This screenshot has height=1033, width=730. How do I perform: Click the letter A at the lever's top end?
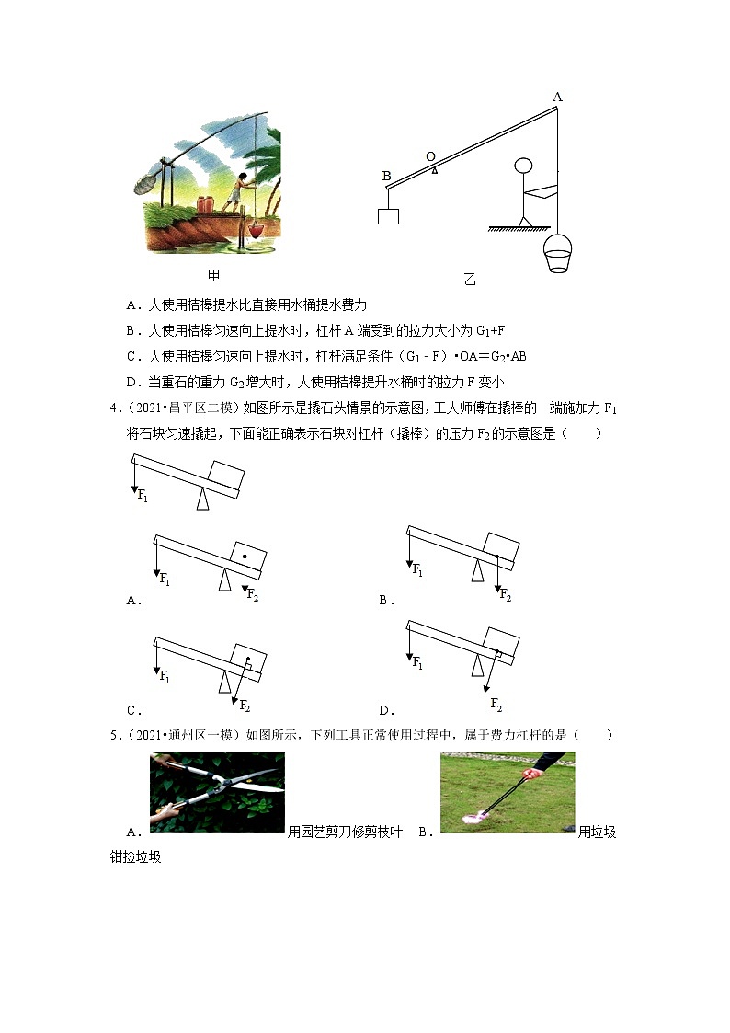(x=557, y=97)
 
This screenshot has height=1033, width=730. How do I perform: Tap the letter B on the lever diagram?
(x=386, y=176)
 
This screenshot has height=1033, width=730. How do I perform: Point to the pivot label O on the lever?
(x=429, y=156)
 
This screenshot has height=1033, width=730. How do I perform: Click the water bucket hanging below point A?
(x=558, y=254)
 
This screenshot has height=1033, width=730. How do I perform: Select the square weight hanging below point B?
(x=388, y=215)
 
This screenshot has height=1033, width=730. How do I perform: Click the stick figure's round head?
(x=523, y=166)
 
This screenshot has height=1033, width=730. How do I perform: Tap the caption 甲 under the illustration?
(x=213, y=275)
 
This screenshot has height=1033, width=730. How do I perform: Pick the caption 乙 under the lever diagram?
(x=470, y=280)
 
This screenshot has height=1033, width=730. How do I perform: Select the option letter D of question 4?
(x=384, y=710)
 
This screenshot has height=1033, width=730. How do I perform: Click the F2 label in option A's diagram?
(x=253, y=595)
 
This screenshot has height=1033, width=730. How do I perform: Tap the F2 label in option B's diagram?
(x=505, y=596)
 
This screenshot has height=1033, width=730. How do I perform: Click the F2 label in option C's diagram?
(x=245, y=706)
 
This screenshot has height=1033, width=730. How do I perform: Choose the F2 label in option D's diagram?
(x=496, y=705)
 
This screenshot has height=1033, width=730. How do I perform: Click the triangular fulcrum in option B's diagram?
(x=477, y=571)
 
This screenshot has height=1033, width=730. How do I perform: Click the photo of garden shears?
(x=217, y=793)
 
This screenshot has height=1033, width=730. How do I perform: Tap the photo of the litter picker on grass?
(x=508, y=793)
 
